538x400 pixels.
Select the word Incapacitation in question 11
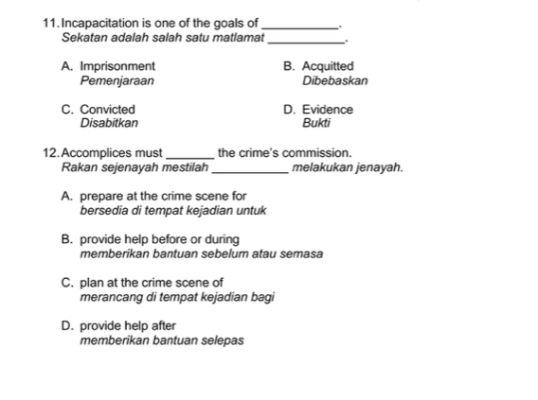pos(99,23)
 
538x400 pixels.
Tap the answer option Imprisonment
pos(117,67)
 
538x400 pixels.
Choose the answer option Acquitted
pos(327,67)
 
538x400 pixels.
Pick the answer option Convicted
pos(107,110)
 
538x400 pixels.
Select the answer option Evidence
pos(327,110)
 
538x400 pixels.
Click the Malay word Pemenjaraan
pos(118,81)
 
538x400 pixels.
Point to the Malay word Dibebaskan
pos(335,81)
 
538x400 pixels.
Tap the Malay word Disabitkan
pos(109,123)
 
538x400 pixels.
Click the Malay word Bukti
pos(314,123)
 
